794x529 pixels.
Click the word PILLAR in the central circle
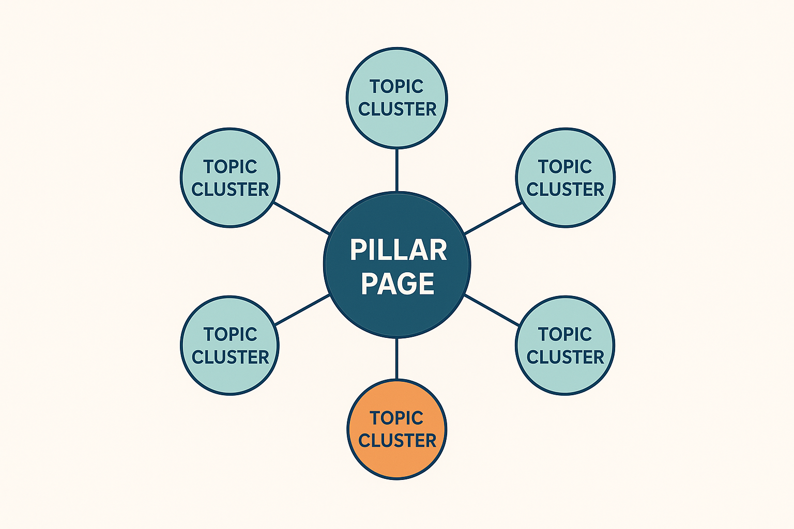[398, 250]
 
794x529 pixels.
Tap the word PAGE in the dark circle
[398, 284]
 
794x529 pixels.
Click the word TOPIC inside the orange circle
[396, 417]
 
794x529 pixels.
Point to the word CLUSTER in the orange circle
[397, 440]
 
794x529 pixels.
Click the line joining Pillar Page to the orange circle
[396, 359]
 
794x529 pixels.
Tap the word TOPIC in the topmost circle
[396, 86]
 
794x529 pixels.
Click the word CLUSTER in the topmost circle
[397, 109]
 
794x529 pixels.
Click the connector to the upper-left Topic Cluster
[302, 218]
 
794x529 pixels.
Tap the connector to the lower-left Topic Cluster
[302, 310]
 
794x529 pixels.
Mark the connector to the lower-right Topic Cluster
[493, 310]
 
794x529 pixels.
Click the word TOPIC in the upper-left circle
[230, 166]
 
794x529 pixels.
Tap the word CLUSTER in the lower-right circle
[565, 357]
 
